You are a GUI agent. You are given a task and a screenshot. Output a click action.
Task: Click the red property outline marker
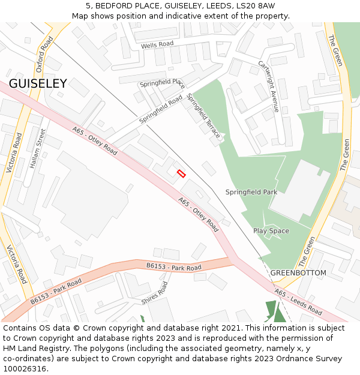pos(181,173)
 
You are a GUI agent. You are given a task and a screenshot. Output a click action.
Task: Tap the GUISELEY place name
pos(38,84)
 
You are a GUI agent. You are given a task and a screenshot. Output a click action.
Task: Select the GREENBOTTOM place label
pos(298,273)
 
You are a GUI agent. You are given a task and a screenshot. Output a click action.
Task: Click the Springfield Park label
pos(251,192)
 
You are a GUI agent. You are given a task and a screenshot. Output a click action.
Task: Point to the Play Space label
pos(271,231)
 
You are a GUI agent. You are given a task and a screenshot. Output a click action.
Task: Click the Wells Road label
pos(157,45)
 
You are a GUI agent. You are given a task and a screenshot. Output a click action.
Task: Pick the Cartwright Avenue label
pos(268,86)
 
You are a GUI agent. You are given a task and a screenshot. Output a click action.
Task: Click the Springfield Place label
pos(162,83)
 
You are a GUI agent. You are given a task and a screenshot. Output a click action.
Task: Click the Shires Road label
pos(155,293)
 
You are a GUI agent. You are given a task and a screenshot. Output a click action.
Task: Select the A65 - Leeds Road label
pos(298,302)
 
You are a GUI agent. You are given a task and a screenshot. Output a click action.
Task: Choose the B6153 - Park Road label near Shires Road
pos(173,265)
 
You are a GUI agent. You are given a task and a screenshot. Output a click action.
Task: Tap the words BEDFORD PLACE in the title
pos(125,5)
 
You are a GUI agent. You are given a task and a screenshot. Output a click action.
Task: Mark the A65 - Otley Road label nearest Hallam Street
pos(94,140)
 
